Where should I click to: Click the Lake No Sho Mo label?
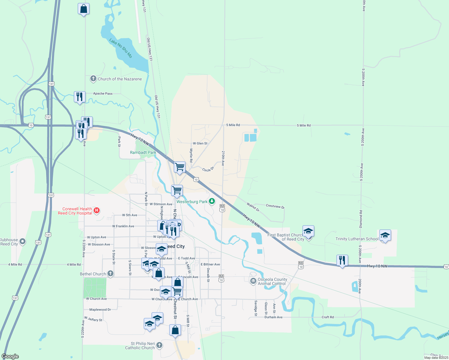coord(121,48)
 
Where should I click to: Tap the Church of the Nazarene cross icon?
coord(93,79)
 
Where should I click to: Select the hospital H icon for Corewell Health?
coord(97,210)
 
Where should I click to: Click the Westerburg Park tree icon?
coord(212,201)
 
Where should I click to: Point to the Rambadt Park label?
coord(143,152)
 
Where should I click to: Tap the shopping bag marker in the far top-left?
coord(83,9)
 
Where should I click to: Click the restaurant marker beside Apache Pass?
coord(80,97)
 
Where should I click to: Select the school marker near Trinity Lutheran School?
coord(385,235)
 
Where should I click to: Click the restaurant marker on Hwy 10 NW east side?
coord(342,260)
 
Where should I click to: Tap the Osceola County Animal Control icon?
coord(253,281)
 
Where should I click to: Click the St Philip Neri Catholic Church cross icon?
coord(159,345)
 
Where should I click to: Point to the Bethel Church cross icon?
coord(110,273)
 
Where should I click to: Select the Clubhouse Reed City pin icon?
coord(22,242)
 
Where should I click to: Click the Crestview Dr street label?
coord(275,206)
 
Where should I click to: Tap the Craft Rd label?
coord(327,317)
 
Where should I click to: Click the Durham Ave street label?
coord(273,317)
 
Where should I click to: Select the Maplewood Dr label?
coord(100,310)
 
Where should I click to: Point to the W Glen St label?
coord(200,143)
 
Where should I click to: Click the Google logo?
coord(10,356)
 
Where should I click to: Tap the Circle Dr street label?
coord(208,169)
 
